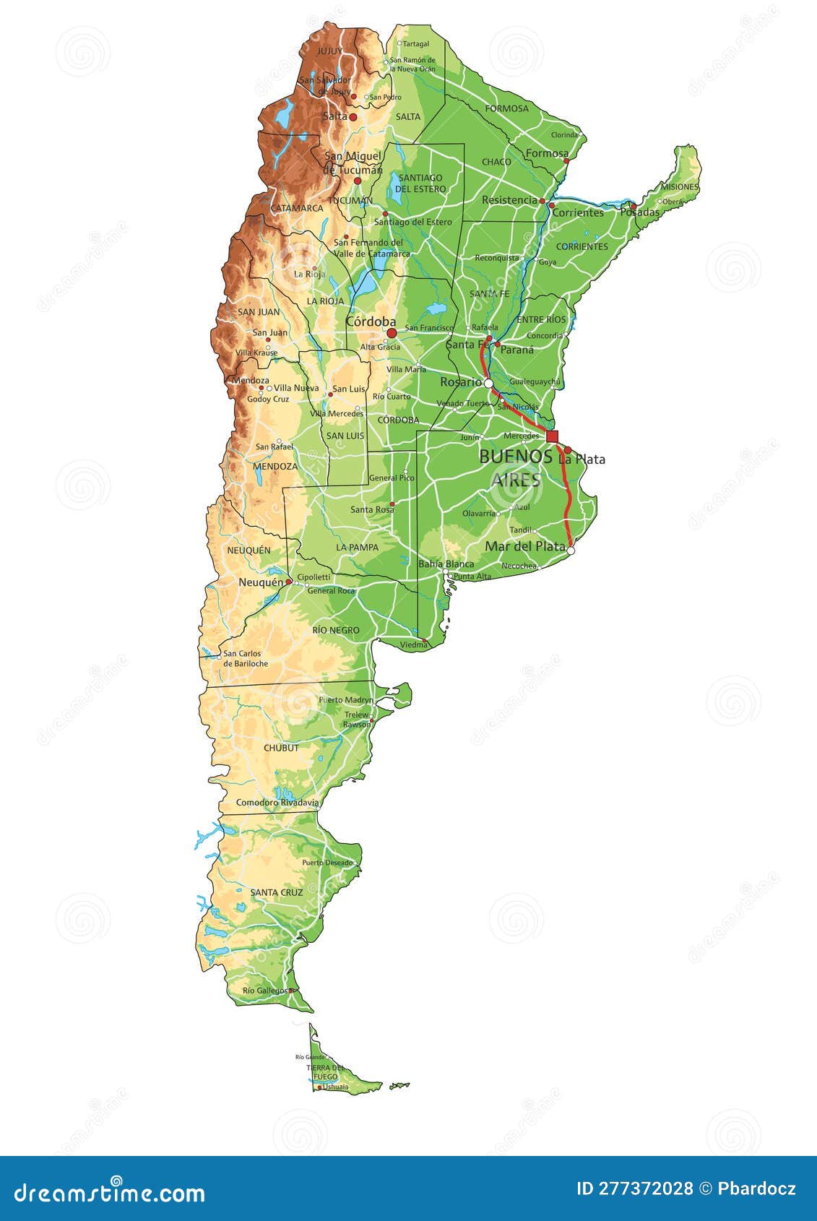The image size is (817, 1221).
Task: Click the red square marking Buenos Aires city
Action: (x=552, y=436)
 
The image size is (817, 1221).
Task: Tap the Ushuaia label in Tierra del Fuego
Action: (x=335, y=1087)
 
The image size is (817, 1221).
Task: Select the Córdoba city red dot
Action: (x=392, y=333)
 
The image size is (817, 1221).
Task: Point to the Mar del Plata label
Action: (x=524, y=546)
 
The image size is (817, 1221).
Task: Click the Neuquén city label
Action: (x=261, y=582)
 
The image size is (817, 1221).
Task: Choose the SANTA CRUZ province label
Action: (x=276, y=892)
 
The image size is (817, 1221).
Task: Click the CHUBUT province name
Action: (x=281, y=748)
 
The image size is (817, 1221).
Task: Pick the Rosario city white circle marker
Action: (x=488, y=383)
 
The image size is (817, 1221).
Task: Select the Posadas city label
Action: (x=639, y=212)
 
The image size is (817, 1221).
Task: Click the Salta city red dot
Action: (x=353, y=116)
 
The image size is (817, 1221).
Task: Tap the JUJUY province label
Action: (x=329, y=51)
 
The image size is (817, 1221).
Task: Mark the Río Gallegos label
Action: (x=264, y=991)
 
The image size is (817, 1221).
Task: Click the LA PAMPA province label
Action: (x=357, y=548)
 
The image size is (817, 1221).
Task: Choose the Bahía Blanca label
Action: (x=446, y=564)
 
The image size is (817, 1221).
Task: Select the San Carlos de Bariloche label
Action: (x=246, y=658)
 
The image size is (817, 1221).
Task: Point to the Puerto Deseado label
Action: (x=327, y=863)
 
